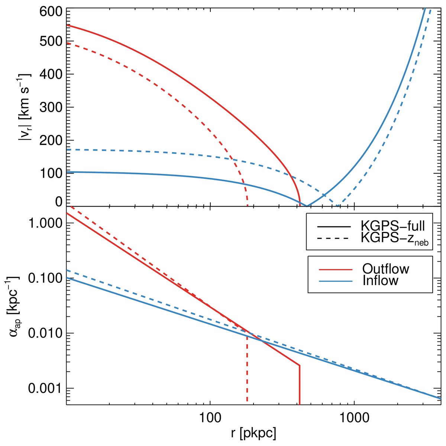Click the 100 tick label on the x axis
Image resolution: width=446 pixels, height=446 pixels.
210,418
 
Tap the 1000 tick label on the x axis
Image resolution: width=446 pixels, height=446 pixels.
354,418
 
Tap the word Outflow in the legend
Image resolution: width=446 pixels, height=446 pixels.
385,268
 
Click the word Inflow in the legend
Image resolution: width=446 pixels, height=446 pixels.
380,281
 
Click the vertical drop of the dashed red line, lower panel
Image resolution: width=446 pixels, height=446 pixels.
247,372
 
